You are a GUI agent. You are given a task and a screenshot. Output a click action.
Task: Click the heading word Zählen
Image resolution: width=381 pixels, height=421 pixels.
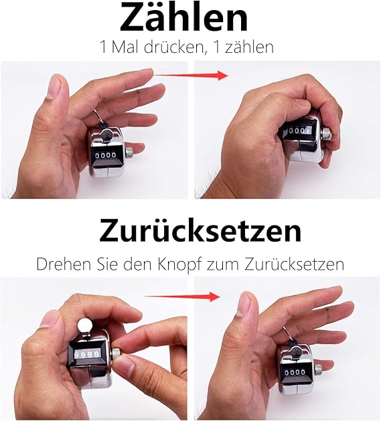(x=183, y=17)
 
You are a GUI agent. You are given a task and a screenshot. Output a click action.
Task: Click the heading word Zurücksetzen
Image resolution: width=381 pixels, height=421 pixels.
(x=200, y=230)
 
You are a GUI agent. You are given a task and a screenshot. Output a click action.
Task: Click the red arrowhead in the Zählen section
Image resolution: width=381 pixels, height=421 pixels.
(x=223, y=76)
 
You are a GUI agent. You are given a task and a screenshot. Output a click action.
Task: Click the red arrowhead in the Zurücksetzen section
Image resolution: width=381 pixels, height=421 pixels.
(x=215, y=297)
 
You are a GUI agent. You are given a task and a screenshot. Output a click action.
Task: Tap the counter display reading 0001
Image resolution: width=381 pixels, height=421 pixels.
(x=299, y=131)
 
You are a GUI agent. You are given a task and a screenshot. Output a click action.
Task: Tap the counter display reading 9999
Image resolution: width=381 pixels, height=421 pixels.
(x=86, y=355)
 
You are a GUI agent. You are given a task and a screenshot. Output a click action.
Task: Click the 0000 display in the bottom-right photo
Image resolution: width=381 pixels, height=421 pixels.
(x=295, y=372)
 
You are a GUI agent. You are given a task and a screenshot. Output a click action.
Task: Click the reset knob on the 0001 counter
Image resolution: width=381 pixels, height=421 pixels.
(x=326, y=133)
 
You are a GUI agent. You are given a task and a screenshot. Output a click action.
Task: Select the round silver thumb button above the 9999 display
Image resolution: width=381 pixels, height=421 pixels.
(x=85, y=325)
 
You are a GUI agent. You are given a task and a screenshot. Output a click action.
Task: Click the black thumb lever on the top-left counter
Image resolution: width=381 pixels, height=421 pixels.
(x=106, y=134)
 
